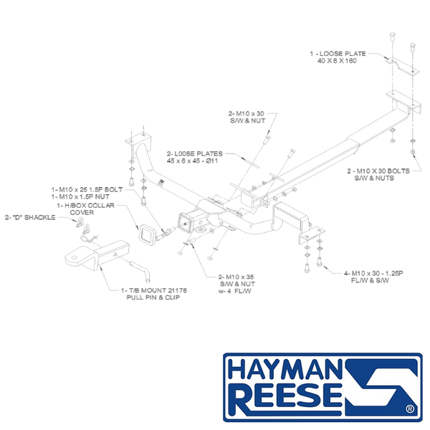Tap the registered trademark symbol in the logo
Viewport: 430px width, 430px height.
(x=410, y=409)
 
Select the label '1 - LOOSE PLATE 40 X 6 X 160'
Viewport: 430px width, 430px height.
(x=338, y=57)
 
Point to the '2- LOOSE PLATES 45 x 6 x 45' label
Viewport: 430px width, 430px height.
(x=195, y=157)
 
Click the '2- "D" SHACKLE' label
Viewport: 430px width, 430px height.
(x=30, y=217)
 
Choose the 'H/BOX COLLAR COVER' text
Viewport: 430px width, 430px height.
(x=85, y=209)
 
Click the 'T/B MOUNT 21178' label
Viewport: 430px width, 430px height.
(x=154, y=290)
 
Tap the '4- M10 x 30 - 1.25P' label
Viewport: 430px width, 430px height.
(x=373, y=273)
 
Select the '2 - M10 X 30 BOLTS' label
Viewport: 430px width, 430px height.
(x=378, y=171)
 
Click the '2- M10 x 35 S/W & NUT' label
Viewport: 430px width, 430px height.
(x=236, y=280)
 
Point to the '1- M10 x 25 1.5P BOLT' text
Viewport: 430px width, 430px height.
(x=87, y=189)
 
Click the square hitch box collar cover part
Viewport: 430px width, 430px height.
(x=147, y=234)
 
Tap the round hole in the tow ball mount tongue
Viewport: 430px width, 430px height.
(x=75, y=258)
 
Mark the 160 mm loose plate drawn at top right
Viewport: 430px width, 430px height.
(x=403, y=67)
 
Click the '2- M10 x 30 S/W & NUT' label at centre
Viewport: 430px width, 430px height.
(x=247, y=117)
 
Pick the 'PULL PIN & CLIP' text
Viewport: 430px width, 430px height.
(x=153, y=297)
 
